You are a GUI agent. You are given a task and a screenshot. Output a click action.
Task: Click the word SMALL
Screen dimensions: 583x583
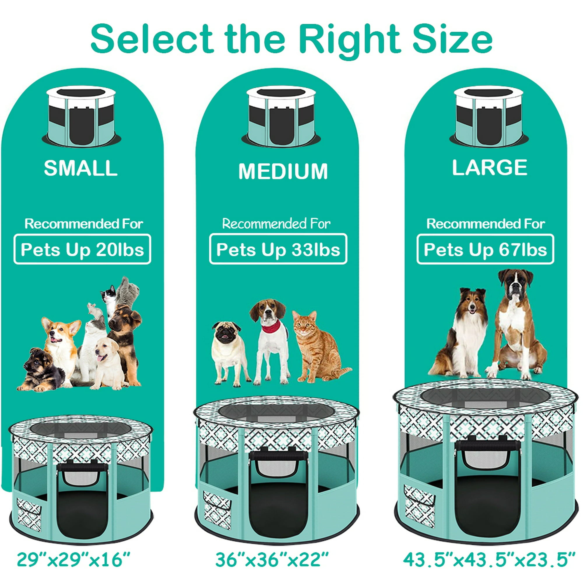(x=80, y=168)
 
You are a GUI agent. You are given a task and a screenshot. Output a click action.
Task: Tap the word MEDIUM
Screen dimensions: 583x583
(x=283, y=171)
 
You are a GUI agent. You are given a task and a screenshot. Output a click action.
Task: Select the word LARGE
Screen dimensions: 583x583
(x=489, y=168)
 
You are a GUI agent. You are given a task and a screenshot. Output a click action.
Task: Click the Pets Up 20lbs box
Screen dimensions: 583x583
(x=82, y=249)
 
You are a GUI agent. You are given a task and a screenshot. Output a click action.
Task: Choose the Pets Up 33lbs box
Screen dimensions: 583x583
(x=278, y=249)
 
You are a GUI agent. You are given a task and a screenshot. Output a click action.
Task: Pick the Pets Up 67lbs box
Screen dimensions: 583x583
(x=485, y=249)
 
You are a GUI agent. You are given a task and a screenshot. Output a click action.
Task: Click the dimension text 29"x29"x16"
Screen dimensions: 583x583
(x=73, y=559)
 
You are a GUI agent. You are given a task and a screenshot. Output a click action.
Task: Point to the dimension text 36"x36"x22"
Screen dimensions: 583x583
(x=272, y=559)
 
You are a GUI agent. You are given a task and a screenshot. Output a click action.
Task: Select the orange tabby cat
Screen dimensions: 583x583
(x=317, y=347)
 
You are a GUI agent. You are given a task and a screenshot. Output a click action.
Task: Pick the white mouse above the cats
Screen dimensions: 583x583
(x=95, y=311)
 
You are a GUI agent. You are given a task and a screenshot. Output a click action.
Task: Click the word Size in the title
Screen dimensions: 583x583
(x=452, y=39)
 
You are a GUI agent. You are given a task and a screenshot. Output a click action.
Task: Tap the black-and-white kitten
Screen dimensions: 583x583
(x=109, y=297)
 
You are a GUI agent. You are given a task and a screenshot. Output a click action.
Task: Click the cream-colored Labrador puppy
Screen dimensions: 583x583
(x=109, y=364)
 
